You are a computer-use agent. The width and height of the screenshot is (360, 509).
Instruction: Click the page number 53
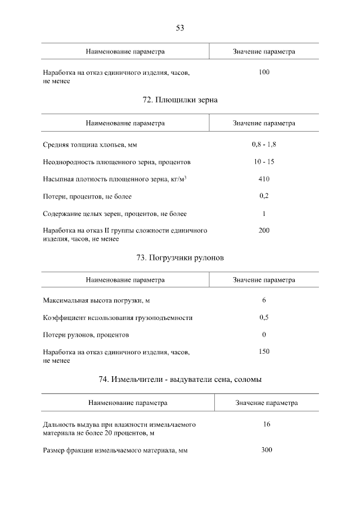180,28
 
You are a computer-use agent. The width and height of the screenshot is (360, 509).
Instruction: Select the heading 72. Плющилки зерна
180,100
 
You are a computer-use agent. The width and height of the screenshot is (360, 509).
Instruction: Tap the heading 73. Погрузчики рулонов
180,258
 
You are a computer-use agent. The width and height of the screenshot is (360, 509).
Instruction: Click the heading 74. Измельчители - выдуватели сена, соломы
180,380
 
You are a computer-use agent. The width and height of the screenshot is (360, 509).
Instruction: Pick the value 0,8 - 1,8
264,145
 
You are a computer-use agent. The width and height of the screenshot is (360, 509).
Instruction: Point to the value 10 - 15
264,162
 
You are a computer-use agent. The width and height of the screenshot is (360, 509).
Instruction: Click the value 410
264,179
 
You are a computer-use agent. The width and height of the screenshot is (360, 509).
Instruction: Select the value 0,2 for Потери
264,196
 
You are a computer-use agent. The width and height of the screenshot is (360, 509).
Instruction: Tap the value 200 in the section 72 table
264,231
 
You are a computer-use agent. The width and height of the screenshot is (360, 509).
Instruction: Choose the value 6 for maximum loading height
264,300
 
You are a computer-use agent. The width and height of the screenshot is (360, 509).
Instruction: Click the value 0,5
264,317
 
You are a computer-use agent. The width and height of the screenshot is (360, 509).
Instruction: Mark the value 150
264,352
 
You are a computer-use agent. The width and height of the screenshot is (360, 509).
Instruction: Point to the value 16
267,424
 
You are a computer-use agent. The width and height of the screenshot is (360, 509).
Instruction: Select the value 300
267,450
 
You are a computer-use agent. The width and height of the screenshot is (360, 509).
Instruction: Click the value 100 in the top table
264,73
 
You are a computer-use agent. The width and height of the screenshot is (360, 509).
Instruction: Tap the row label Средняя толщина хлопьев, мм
90,145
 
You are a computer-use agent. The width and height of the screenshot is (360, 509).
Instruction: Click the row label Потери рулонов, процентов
86,335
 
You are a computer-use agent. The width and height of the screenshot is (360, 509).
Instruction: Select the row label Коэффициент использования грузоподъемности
118,318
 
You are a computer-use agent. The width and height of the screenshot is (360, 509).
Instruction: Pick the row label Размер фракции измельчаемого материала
115,451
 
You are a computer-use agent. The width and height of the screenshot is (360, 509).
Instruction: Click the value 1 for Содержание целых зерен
264,214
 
